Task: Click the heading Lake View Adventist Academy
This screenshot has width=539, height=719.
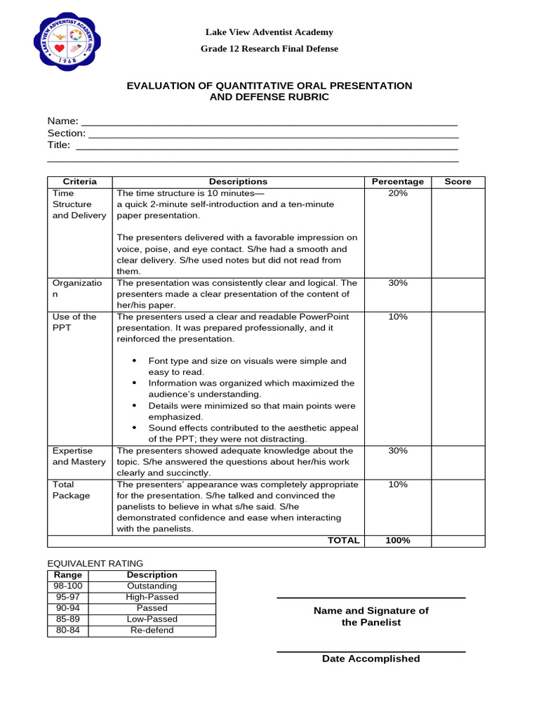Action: (269, 32)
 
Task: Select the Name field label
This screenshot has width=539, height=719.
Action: (62, 121)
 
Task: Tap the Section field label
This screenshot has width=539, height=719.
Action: (66, 133)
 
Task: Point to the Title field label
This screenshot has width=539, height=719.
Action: (59, 145)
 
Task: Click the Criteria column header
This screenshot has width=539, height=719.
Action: (79, 182)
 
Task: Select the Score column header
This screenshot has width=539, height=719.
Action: (458, 182)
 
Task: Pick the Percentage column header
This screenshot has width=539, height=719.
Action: (397, 182)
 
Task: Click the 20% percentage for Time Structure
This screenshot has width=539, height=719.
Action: (397, 193)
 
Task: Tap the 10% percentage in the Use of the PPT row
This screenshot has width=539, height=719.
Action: (397, 317)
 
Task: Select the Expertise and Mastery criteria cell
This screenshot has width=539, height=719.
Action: (79, 456)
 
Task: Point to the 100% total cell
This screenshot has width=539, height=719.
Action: (397, 541)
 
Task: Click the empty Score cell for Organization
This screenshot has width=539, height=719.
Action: (458, 294)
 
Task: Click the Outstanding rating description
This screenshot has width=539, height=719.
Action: (152, 586)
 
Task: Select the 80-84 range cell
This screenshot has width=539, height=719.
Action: (68, 631)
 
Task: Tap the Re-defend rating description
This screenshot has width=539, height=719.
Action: (152, 631)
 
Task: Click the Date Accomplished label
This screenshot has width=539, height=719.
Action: (371, 659)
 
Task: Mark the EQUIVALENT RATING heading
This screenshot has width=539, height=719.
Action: (95, 563)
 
